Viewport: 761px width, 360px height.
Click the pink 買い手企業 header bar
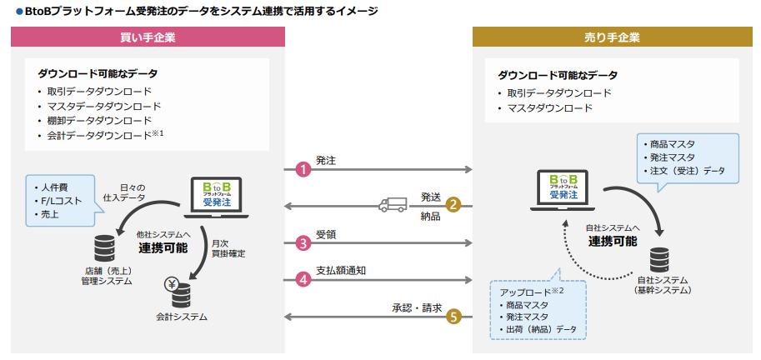[148, 37]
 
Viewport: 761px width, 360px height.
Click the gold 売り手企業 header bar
[612, 37]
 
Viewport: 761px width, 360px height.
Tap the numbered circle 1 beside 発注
[303, 169]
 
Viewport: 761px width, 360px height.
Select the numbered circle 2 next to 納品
[453, 205]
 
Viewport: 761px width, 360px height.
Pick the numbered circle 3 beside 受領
[303, 243]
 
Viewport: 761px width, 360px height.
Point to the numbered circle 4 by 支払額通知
[303, 280]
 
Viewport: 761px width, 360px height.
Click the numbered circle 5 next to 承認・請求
[453, 317]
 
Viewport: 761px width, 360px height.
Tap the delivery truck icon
[393, 204]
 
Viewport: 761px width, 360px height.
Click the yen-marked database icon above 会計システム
[180, 292]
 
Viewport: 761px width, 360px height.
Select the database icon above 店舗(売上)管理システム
[105, 247]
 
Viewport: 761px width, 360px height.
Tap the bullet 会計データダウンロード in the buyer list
[104, 134]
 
